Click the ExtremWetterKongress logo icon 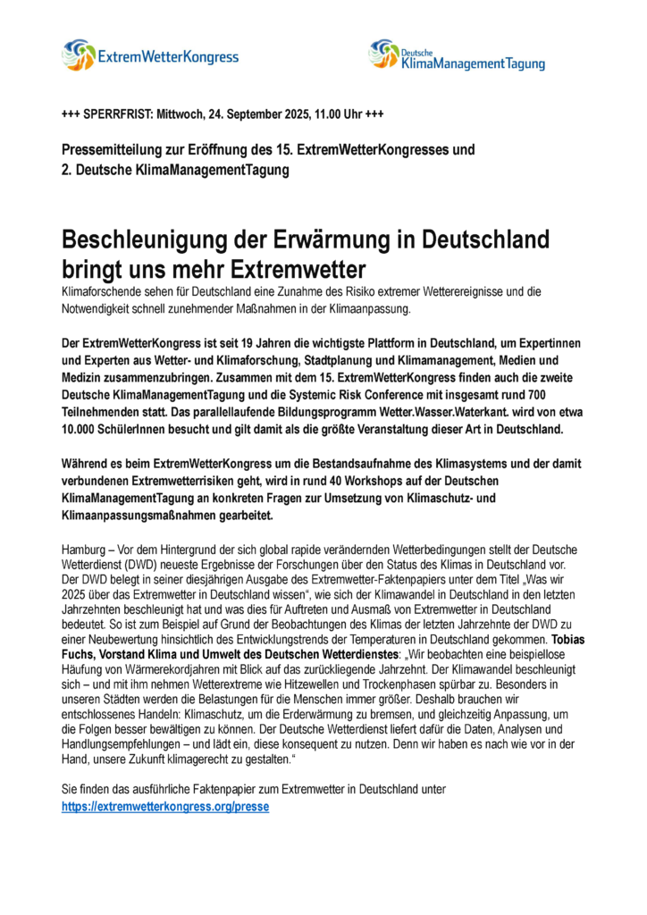click(x=78, y=55)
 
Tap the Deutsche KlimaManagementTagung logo click(x=456, y=55)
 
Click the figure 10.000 click(x=84, y=429)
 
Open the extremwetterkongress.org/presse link click(x=164, y=806)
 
